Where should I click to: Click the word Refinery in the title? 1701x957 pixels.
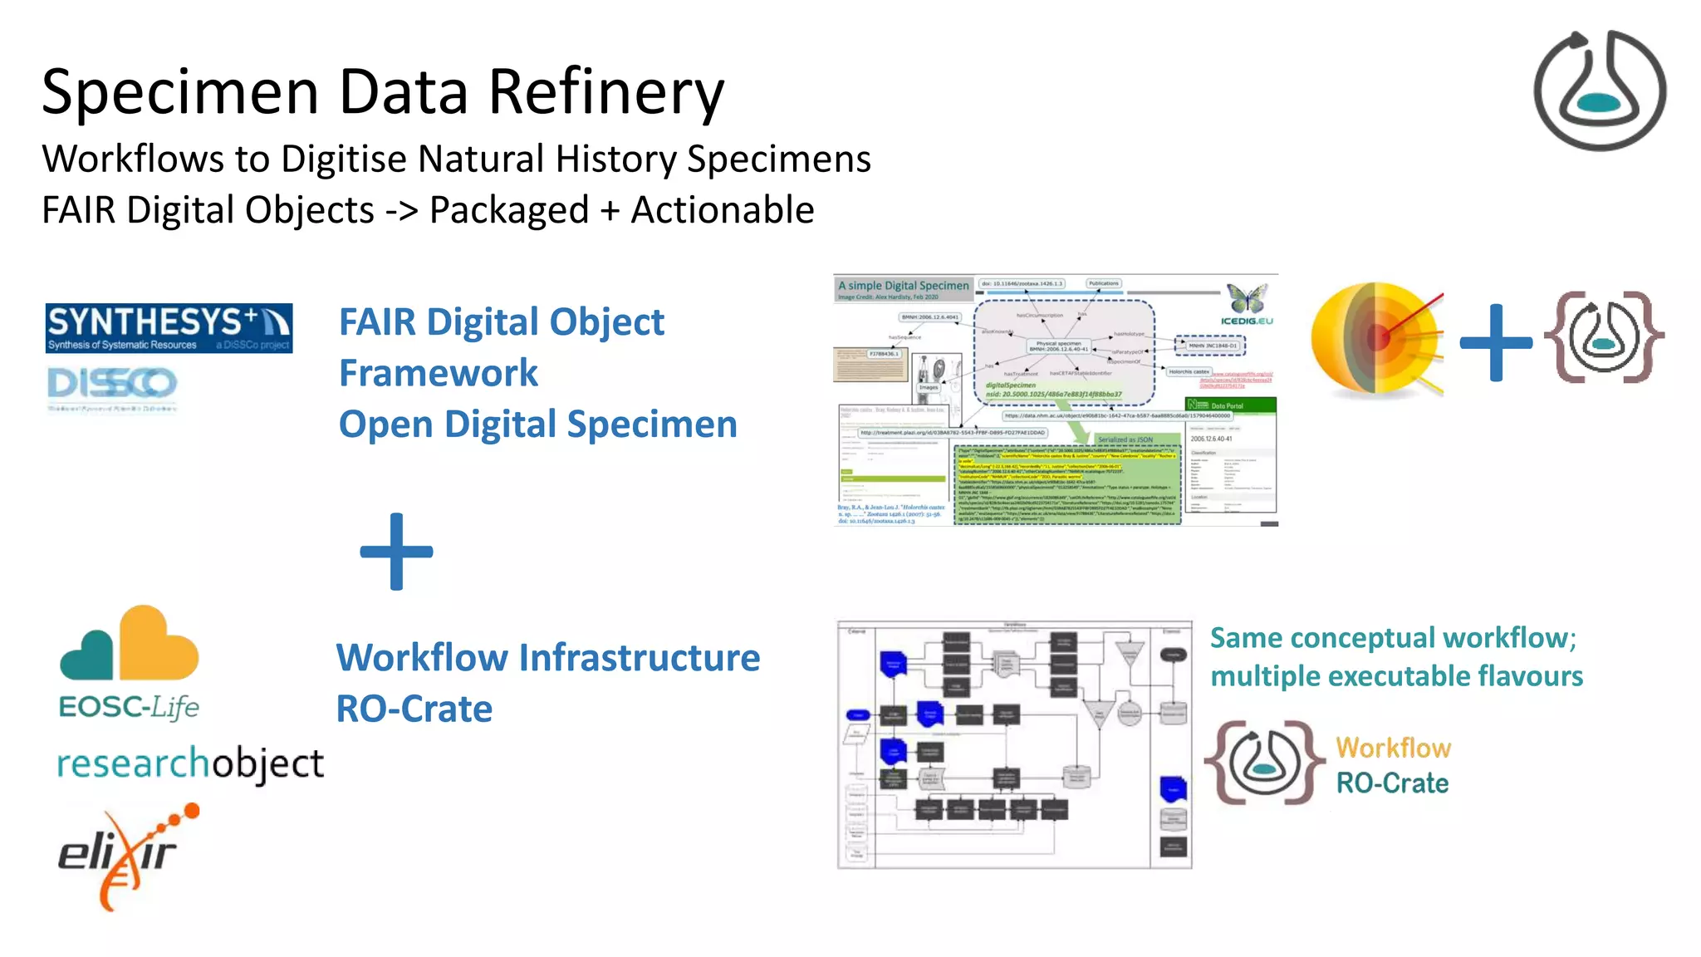(606, 93)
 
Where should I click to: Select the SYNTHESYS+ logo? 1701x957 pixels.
(169, 327)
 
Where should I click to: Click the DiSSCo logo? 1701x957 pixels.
(112, 385)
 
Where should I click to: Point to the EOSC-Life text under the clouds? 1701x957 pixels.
(129, 708)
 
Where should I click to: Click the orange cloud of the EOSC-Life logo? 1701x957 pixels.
(158, 644)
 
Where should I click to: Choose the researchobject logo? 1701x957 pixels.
(190, 763)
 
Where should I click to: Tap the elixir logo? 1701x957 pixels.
(129, 856)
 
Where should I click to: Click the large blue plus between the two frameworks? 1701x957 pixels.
(396, 552)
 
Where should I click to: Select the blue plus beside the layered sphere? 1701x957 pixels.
(1495, 342)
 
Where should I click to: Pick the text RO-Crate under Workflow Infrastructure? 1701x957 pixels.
(414, 709)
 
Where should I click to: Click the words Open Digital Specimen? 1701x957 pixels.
(537, 425)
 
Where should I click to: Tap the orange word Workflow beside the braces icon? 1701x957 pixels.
(1393, 748)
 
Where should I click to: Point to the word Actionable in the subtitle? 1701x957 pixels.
(722, 210)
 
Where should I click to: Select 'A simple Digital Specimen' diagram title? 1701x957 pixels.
(903, 286)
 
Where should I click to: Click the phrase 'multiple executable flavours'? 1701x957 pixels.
(1396, 676)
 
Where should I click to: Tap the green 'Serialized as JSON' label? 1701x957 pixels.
(1125, 439)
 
